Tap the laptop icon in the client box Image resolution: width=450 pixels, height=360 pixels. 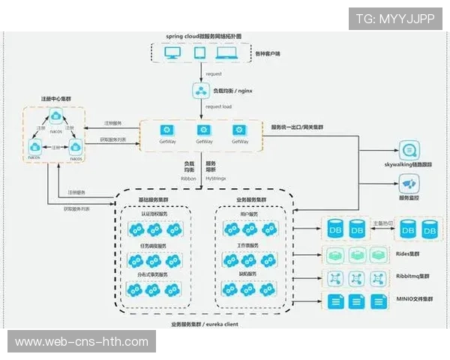click(225, 54)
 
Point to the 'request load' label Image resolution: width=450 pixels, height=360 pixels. click(218, 106)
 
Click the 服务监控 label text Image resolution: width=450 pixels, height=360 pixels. click(408, 198)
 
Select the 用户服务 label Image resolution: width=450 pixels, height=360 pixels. click(249, 214)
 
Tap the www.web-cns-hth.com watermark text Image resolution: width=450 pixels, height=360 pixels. click(82, 342)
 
